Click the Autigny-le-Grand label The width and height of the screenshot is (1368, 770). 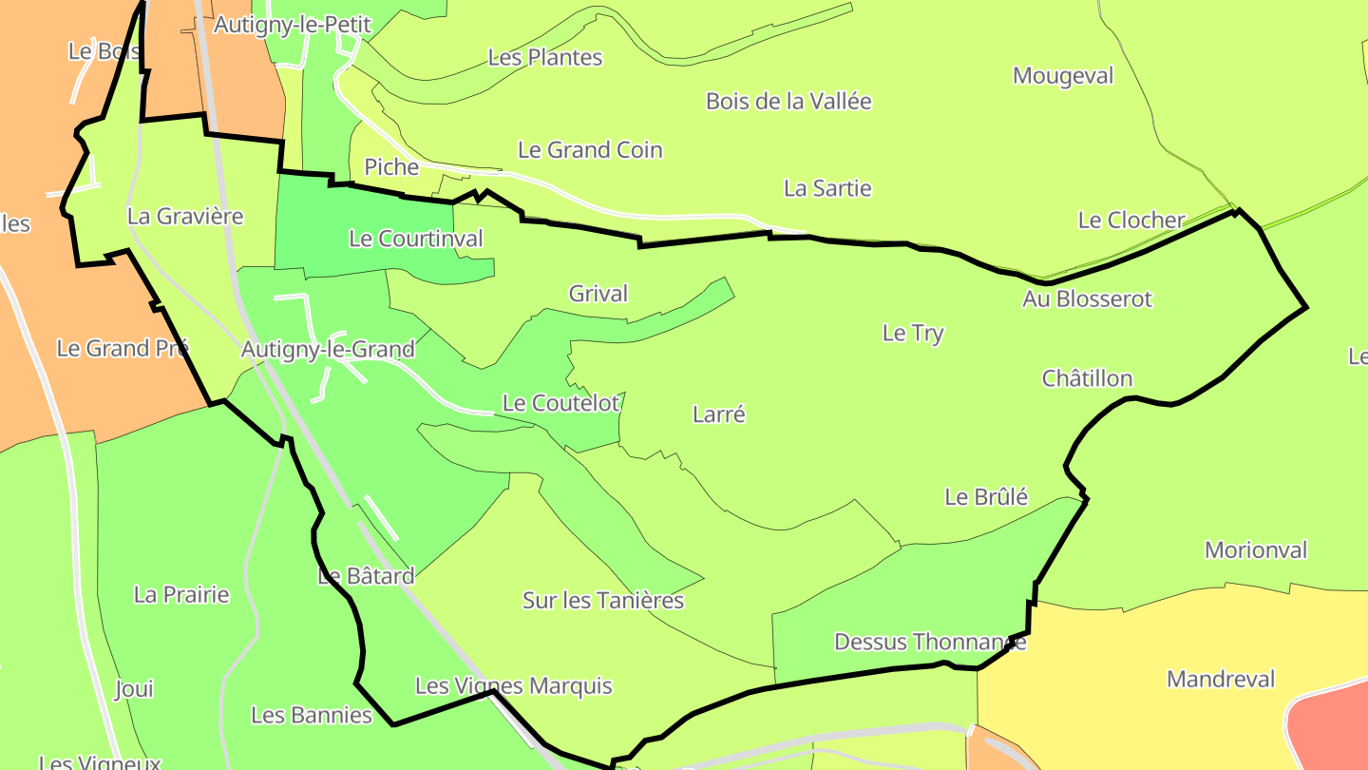328,350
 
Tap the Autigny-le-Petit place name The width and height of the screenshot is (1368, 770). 292,25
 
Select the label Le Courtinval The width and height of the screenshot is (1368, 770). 416,239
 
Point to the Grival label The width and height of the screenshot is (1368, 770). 598,294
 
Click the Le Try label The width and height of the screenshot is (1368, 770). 913,333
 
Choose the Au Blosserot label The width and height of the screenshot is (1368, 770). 1087,298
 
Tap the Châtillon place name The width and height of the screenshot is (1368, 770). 1087,378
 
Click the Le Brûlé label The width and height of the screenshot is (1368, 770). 986,496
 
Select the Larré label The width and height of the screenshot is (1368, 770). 719,414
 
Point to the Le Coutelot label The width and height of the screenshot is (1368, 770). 560,403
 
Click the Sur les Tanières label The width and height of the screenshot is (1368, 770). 603,601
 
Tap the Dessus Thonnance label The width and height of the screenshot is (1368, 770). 930,642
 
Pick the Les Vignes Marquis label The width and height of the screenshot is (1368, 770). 514,686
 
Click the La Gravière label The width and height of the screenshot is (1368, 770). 185,217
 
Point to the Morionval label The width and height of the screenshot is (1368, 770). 1256,550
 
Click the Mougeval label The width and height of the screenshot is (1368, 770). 1063,76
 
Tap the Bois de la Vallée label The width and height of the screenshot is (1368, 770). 788,101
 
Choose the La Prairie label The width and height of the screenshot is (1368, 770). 181,595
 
